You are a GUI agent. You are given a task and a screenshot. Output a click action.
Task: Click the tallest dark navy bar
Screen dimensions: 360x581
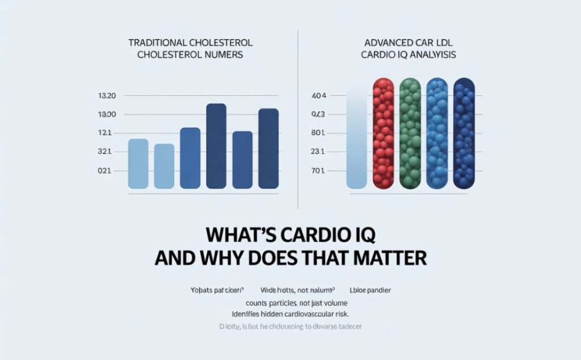click(216, 146)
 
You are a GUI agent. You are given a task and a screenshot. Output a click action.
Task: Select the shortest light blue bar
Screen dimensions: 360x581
click(164, 166)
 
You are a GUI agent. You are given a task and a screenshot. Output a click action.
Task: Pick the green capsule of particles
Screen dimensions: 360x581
click(411, 133)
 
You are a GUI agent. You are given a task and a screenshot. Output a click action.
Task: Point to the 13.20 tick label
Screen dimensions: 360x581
click(107, 96)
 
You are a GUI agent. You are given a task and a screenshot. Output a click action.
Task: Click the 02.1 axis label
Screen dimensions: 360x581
click(107, 171)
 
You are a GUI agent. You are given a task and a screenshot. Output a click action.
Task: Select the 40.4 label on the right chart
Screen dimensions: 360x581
click(319, 96)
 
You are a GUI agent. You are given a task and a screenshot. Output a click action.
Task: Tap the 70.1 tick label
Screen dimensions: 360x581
click(318, 171)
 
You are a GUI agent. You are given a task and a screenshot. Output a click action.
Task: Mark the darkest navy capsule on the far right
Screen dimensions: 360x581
click(464, 133)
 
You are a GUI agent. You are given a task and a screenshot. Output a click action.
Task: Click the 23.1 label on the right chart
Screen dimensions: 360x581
click(318, 152)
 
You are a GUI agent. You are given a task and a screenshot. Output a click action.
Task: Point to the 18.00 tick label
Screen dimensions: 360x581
click(107, 115)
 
